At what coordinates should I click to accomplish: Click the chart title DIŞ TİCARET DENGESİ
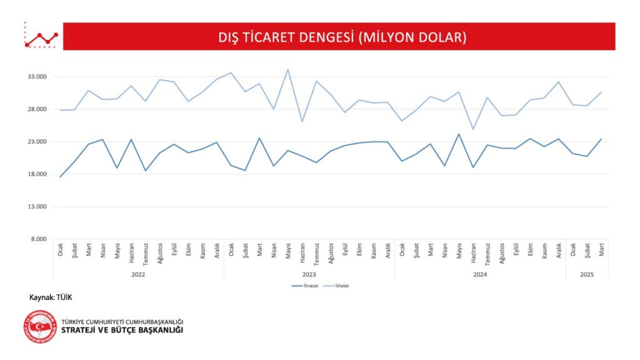[x=339, y=37]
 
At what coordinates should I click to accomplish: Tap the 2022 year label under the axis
[x=138, y=274]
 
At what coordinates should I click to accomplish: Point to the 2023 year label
[x=309, y=274]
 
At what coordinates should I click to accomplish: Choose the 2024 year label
[x=479, y=274]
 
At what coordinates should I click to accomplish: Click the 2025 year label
[x=586, y=274]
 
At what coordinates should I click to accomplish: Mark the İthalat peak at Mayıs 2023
[x=287, y=69]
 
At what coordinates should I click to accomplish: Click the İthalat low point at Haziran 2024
[x=473, y=129]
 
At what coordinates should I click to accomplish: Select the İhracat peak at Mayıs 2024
[x=459, y=134]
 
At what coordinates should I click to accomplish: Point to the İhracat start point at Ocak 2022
[x=61, y=177]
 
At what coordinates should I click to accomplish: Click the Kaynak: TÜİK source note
[x=46, y=297]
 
